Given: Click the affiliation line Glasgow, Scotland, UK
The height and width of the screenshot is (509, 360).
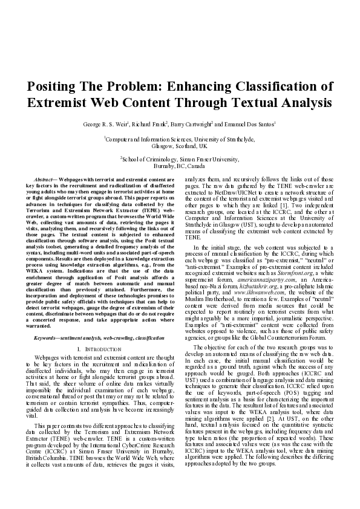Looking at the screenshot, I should tap(180, 146).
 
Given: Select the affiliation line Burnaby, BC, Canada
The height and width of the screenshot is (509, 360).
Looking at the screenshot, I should tap(180, 165).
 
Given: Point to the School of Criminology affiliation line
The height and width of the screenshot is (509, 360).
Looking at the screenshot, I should tap(180, 159).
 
